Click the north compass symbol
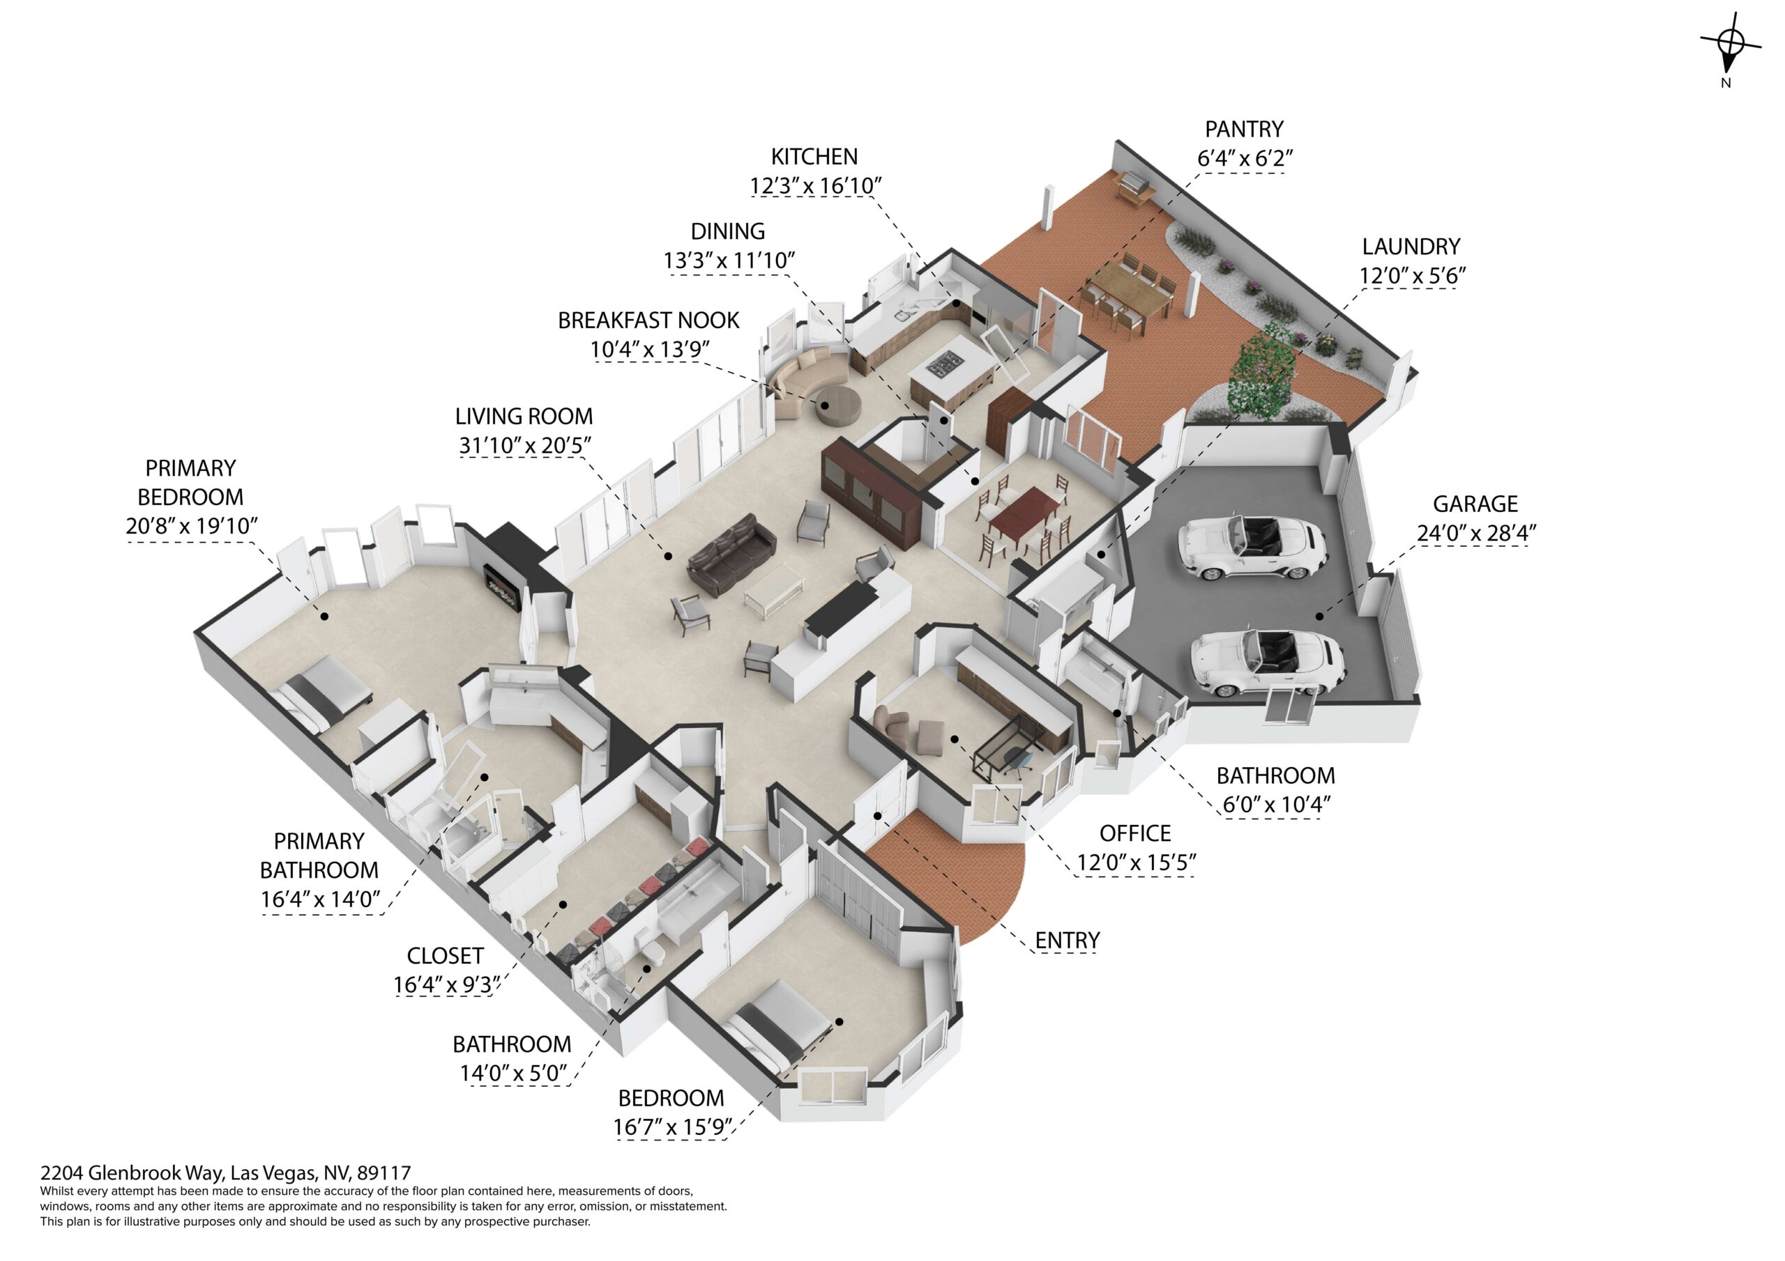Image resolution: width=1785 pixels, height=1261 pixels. point(1730,45)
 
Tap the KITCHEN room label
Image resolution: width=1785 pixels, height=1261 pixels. point(814,157)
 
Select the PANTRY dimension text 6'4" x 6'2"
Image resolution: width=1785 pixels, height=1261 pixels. point(1244,159)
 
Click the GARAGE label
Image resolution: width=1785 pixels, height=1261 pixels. point(1475,504)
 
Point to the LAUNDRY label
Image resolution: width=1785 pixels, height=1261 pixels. point(1411,247)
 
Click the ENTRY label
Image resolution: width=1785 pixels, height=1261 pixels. point(1067,941)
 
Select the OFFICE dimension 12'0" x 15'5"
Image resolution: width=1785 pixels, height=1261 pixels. point(1136,862)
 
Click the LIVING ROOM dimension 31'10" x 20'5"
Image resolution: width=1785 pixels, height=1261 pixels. point(525,445)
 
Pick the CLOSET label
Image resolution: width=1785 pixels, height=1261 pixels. point(445,956)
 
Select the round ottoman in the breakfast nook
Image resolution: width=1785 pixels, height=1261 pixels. point(837,405)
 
